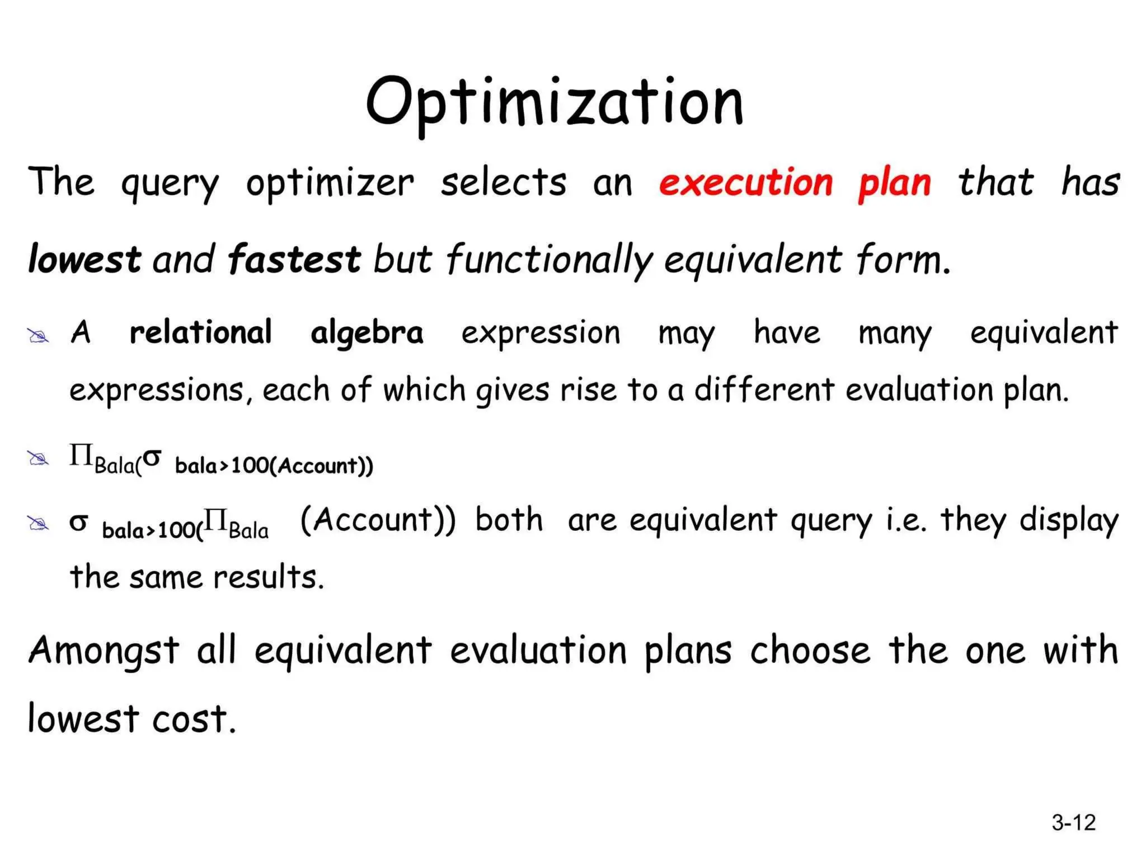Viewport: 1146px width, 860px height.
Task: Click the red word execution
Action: [x=746, y=183]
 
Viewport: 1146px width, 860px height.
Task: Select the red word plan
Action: [x=894, y=184]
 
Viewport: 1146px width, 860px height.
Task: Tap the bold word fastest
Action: [x=294, y=259]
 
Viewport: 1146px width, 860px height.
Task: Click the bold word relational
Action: [x=200, y=332]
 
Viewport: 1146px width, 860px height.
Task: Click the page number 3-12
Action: [x=1073, y=822]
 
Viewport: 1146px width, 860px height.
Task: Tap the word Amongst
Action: [x=104, y=651]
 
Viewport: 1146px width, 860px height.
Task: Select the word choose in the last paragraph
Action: [x=810, y=650]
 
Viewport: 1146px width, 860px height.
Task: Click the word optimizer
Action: [x=330, y=184]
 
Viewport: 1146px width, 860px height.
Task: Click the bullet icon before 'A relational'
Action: [x=39, y=336]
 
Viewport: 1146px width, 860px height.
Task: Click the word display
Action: [x=1068, y=521]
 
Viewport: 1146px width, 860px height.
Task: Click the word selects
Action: [x=503, y=183]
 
